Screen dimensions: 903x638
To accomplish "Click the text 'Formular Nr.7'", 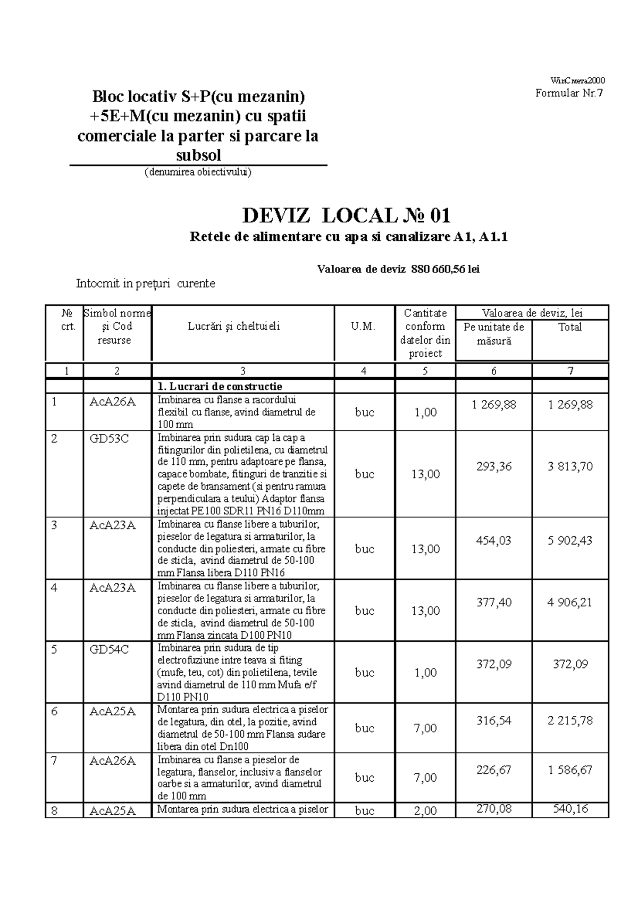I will (x=569, y=94).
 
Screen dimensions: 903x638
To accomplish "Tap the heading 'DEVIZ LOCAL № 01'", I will (x=347, y=216).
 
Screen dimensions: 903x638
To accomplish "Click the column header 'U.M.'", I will (x=364, y=327).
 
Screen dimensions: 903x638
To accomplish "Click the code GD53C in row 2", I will (x=109, y=439).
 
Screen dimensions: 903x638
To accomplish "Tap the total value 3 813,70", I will (x=570, y=466).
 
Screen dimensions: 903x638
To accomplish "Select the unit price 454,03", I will (x=494, y=540).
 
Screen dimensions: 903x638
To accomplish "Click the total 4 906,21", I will (x=570, y=602).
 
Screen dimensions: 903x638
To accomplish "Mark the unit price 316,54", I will (x=494, y=720).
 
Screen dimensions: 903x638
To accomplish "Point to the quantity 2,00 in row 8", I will (x=425, y=811).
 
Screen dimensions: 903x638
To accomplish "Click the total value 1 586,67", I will (x=570, y=770).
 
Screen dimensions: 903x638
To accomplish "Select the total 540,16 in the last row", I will (x=570, y=809).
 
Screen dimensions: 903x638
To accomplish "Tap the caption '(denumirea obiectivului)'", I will (x=198, y=172).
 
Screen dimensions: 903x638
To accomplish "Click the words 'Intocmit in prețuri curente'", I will (x=146, y=283).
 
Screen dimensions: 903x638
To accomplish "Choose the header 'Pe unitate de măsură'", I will (x=494, y=333).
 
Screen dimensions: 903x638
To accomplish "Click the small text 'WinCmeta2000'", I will (x=577, y=81).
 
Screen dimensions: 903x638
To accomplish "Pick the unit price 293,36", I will (x=494, y=466).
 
